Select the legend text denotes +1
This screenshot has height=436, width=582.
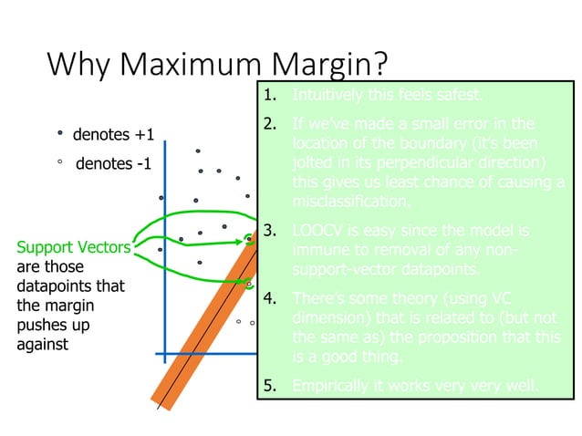[113, 136]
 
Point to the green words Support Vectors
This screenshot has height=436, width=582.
[74, 247]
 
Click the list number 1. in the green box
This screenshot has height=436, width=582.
[270, 96]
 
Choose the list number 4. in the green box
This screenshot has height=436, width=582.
[270, 298]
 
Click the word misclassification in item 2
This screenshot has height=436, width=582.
[350, 202]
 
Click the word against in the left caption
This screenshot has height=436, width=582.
[42, 345]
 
